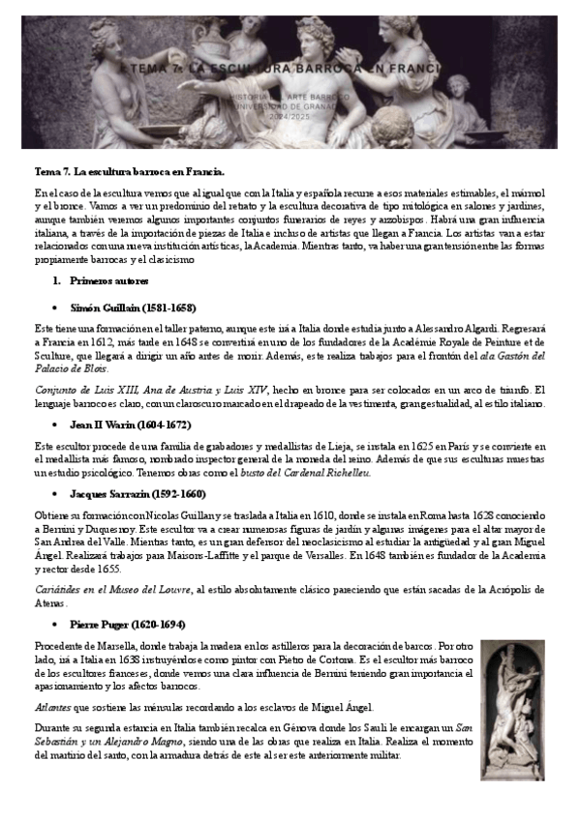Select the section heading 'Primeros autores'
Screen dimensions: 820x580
tap(108, 280)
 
